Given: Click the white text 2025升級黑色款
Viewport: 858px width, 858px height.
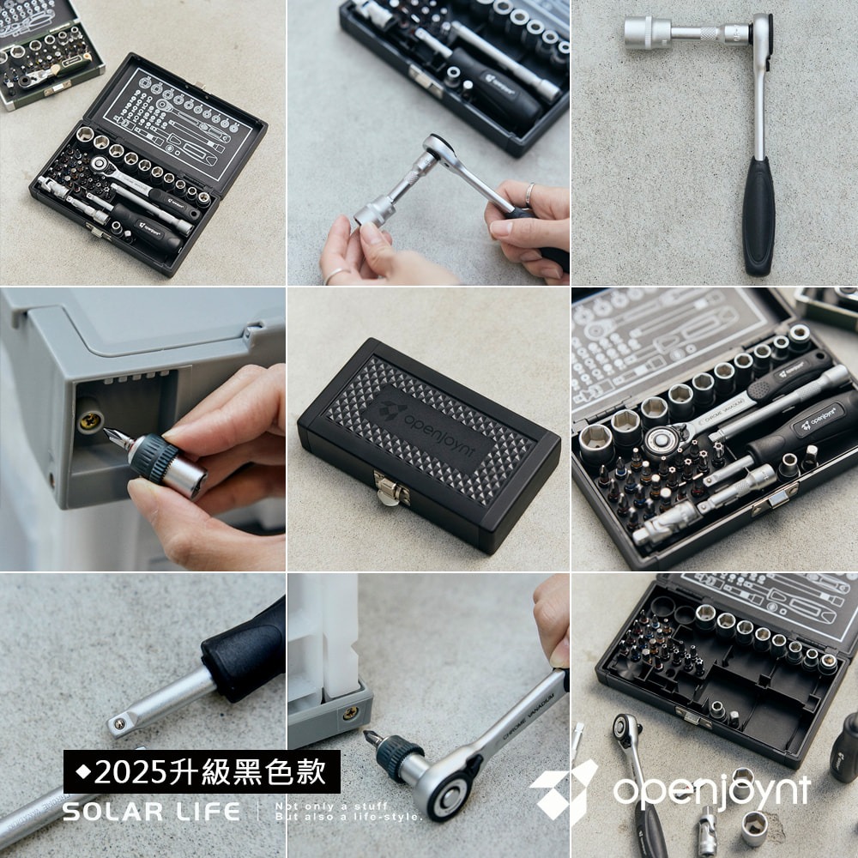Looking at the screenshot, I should [x=210, y=772].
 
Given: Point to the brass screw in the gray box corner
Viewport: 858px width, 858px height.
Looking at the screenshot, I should [x=89, y=420].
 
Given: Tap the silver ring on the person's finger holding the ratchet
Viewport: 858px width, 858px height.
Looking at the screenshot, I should [x=529, y=194].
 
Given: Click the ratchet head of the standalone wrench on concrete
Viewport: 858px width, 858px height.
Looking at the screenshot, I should [x=760, y=33].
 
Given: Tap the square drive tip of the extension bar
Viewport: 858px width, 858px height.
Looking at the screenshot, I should [x=120, y=726].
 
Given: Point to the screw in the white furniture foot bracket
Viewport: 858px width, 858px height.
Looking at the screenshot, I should [x=350, y=713].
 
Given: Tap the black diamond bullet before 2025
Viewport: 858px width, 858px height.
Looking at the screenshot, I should [x=82, y=772].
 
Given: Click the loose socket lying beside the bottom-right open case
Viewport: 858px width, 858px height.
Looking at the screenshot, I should [x=755, y=827].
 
